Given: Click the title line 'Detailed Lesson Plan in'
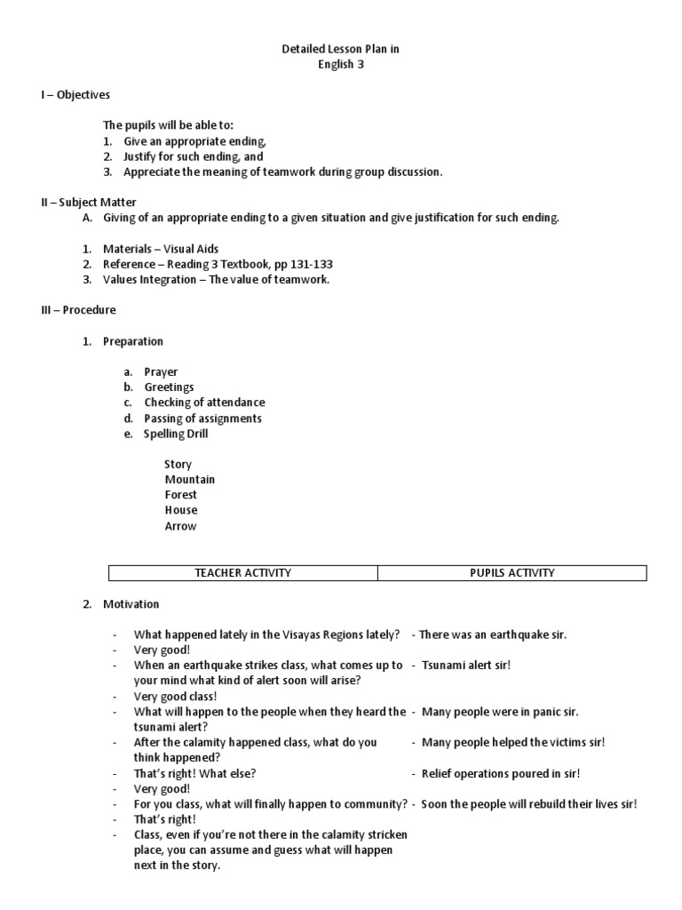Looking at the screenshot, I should (x=341, y=49).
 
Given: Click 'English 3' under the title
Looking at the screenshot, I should (x=341, y=64).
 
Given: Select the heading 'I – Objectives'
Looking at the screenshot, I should (x=75, y=95).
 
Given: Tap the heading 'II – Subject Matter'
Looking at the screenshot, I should (x=89, y=203).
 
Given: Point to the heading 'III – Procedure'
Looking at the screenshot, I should (x=78, y=310).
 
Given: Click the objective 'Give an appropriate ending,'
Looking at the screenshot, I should (x=194, y=141).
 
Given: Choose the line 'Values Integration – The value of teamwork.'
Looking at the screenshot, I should (x=217, y=279).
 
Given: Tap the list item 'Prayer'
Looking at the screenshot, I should (x=161, y=371).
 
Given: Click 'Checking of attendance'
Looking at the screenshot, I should (x=204, y=403).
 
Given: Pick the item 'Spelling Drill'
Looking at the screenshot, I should (x=177, y=434).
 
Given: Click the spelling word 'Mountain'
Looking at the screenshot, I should (x=189, y=479).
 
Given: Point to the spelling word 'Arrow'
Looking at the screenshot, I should (x=180, y=525).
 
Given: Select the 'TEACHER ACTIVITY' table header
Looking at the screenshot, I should (x=242, y=572).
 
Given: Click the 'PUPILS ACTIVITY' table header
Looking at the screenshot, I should (x=512, y=572).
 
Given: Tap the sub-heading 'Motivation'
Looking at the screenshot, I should (x=131, y=603).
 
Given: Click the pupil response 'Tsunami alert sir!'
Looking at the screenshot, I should (x=466, y=665).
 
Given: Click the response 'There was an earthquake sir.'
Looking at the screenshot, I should (x=492, y=635).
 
